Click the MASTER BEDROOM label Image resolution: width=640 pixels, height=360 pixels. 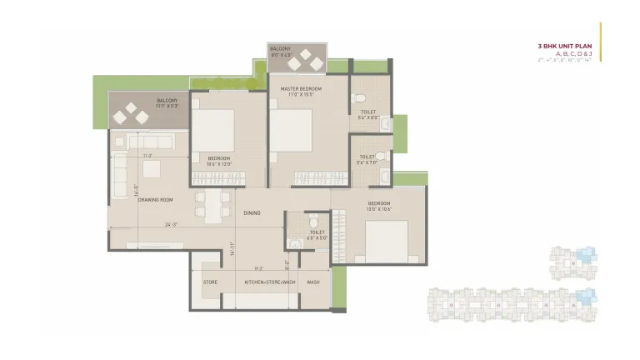click(x=300, y=88)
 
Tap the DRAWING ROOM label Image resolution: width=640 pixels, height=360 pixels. click(x=155, y=200)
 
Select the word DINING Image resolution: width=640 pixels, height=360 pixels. click(x=252, y=213)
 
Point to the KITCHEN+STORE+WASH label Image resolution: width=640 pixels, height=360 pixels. click(x=270, y=282)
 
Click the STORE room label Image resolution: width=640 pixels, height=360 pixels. click(x=210, y=282)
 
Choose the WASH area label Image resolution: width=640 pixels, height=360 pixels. click(x=313, y=282)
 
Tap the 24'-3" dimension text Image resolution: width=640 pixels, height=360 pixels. click(x=172, y=224)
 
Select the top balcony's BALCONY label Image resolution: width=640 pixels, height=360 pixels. click(x=280, y=49)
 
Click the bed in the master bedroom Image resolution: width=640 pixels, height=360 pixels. click(x=291, y=130)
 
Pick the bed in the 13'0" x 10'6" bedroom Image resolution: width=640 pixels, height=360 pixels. click(x=386, y=240)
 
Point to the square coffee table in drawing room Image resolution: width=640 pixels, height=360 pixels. click(x=151, y=169)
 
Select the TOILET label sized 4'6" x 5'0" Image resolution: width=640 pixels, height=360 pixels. click(x=317, y=232)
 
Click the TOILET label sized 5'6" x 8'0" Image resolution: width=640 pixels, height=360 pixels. click(x=368, y=112)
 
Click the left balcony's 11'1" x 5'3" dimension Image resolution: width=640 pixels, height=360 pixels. click(x=167, y=107)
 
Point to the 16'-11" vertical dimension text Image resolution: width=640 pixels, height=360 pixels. click(x=232, y=247)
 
